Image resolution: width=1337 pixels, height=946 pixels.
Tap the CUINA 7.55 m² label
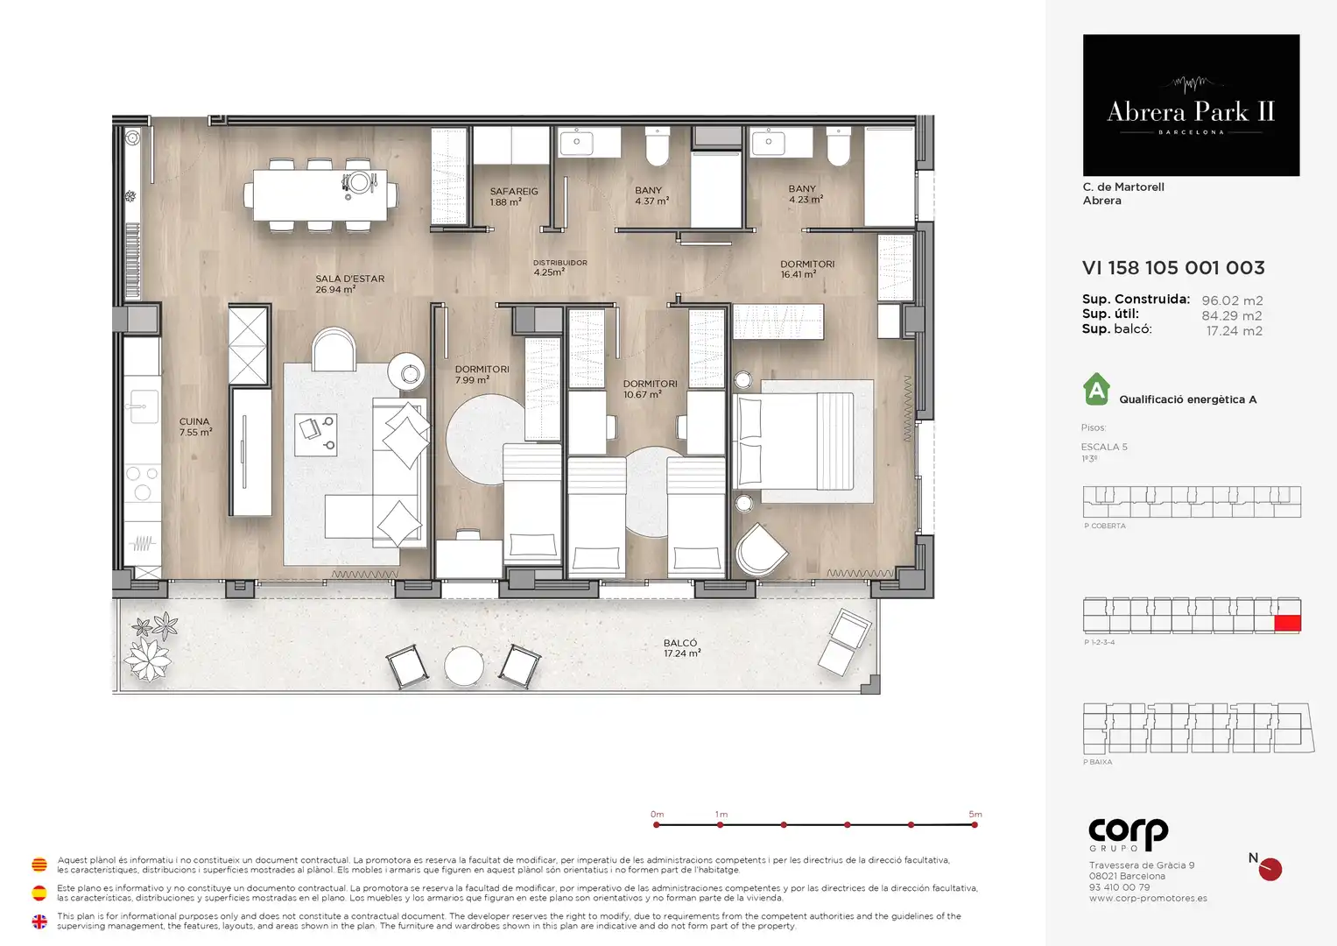[x=196, y=427]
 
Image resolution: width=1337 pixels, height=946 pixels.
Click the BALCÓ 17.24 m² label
[x=681, y=648]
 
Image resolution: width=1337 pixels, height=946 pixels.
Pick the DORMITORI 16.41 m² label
[x=807, y=269]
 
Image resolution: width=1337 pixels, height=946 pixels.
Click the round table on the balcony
[x=464, y=666]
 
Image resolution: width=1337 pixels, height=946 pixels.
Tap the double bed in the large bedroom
[x=794, y=441]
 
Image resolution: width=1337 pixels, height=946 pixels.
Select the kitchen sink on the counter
[x=142, y=406]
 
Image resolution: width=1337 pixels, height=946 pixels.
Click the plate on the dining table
[x=360, y=182]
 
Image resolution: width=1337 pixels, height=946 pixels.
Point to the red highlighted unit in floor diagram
[x=1287, y=623]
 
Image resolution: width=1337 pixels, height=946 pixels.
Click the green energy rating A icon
[x=1096, y=390]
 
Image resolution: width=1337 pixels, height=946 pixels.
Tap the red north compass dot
[x=1270, y=870]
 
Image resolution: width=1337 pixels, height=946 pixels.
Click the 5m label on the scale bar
[x=975, y=814]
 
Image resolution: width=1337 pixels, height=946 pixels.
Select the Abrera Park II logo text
[x=1191, y=112]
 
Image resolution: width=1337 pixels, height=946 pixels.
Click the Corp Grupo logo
[x=1128, y=835]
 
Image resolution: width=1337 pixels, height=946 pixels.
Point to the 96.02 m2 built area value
[x=1232, y=300]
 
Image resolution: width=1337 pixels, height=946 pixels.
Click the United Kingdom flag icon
[x=39, y=921]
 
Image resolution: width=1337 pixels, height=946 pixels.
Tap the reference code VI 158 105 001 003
[x=1173, y=267]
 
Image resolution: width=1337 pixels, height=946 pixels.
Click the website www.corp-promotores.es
[x=1148, y=898]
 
